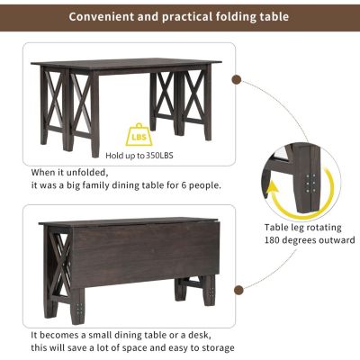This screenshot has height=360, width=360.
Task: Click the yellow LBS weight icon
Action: tap(139, 132)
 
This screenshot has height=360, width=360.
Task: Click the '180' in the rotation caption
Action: tap(275, 240)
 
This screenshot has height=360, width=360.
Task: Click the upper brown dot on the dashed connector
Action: tap(236, 79)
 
